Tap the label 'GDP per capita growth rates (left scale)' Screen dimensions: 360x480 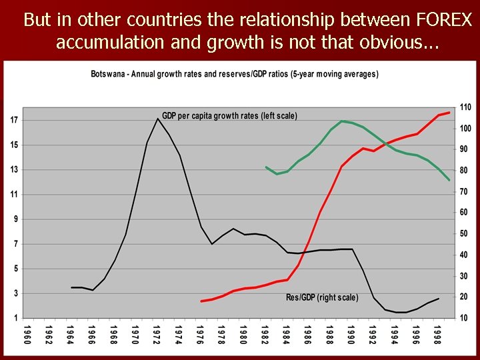[x=229, y=115]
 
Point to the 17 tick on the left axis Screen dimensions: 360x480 [x=14, y=120]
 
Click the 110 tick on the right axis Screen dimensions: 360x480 [x=465, y=107]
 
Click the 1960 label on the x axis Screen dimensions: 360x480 [x=27, y=333]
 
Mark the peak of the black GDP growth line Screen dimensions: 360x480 [x=158, y=119]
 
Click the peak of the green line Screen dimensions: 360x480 [x=341, y=121]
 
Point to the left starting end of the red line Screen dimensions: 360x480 [x=201, y=301]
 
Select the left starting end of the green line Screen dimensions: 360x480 [x=266, y=167]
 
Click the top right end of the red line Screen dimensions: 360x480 [x=449, y=113]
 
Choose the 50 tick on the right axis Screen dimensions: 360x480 [x=465, y=233]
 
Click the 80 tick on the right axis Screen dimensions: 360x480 [x=465, y=171]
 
